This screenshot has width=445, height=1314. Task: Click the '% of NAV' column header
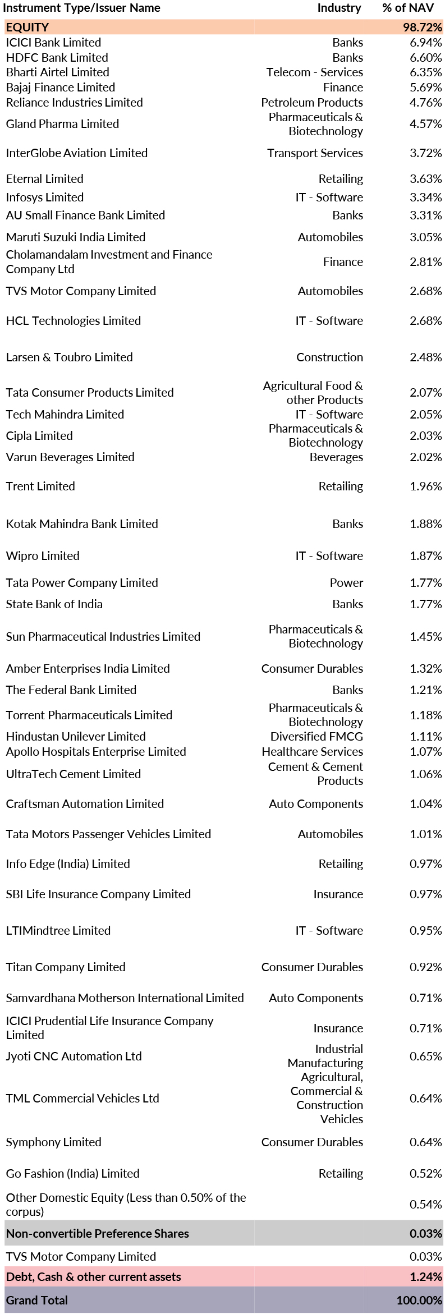(408, 8)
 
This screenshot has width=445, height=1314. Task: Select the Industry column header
(339, 8)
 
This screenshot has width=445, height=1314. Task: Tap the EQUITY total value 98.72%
(422, 27)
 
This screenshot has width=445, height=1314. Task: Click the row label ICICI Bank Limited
(53, 43)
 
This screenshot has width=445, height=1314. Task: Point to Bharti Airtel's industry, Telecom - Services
(314, 72)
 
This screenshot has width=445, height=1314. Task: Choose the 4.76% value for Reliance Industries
(425, 103)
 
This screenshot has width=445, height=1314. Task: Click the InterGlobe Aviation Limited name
(76, 153)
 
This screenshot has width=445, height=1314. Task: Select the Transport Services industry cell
(315, 153)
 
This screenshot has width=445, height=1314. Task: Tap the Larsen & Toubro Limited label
(69, 357)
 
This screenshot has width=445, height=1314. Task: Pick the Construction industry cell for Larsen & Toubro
(329, 357)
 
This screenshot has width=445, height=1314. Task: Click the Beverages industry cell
(336, 457)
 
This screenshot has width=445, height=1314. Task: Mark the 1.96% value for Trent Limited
(425, 486)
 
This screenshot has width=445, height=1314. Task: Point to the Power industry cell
(346, 583)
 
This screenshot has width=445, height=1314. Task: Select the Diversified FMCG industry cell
(316, 737)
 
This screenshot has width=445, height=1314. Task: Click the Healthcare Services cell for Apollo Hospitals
(312, 752)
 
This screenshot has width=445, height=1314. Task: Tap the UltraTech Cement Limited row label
(73, 774)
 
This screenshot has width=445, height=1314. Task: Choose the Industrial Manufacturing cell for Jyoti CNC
(325, 1056)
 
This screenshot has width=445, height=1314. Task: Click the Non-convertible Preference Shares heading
(97, 1234)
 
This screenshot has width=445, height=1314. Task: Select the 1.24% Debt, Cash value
(425, 1277)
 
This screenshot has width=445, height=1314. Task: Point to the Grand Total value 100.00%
(419, 1301)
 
